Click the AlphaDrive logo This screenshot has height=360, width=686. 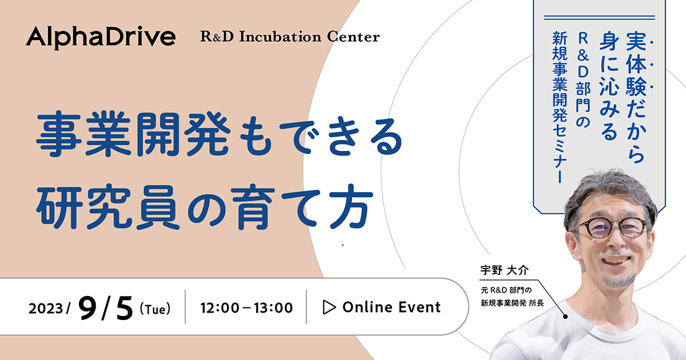(x=101, y=38)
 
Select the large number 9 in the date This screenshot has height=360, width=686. (x=88, y=308)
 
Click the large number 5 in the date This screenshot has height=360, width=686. (x=125, y=308)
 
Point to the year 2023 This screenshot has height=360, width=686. (x=46, y=309)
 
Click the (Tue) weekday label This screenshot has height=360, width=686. (x=155, y=309)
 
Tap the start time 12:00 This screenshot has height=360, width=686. (x=219, y=308)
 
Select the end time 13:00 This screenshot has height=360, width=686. (x=273, y=308)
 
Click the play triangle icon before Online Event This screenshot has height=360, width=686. (x=329, y=307)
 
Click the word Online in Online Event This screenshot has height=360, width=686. (x=365, y=307)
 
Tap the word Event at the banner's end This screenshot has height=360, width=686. (x=417, y=307)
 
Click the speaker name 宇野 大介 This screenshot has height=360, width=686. (x=504, y=270)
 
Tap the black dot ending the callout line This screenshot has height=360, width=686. (x=565, y=316)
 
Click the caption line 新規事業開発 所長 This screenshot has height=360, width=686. (x=512, y=303)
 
